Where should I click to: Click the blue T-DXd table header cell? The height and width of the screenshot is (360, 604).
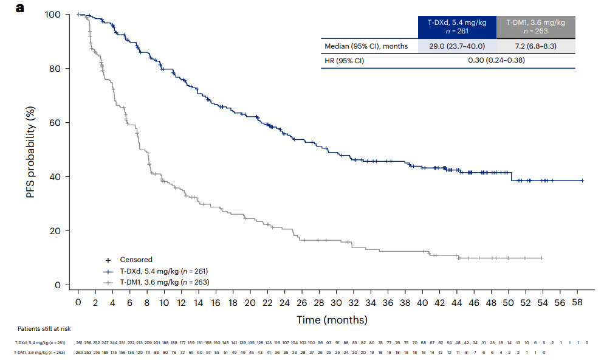tap(457, 27)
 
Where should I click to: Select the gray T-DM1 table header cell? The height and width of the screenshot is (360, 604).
tap(536, 27)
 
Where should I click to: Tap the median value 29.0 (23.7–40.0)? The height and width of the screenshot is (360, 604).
tap(457, 46)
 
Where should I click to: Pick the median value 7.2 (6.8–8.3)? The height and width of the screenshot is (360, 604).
tap(536, 46)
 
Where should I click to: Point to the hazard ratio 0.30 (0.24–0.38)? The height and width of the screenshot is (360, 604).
tap(496, 60)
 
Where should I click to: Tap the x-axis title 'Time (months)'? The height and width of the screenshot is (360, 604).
tap(332, 319)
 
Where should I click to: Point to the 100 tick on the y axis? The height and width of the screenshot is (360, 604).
tap(53, 14)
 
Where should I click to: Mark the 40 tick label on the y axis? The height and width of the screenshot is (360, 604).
tap(55, 177)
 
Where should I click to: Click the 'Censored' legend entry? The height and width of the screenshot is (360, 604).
tap(136, 260)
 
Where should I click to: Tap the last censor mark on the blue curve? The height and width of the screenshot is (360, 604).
tap(582, 181)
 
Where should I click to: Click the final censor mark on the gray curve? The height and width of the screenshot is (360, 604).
tap(541, 258)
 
